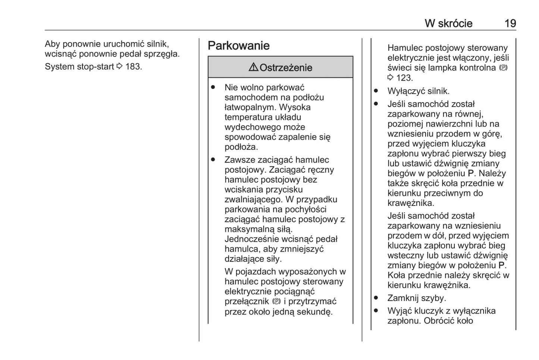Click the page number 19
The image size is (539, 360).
(x=510, y=24)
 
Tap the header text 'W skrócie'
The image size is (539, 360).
(x=448, y=24)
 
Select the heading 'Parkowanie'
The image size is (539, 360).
(x=239, y=46)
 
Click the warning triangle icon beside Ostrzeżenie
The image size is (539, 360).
(x=253, y=67)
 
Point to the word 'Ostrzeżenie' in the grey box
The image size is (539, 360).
(x=286, y=68)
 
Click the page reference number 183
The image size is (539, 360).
(x=133, y=67)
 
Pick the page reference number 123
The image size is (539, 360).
(x=404, y=78)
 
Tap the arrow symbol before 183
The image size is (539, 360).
(x=119, y=67)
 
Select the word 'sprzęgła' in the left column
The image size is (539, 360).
(x=164, y=54)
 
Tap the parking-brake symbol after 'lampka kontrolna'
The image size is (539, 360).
(x=504, y=68)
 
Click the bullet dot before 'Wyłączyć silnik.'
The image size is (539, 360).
(x=376, y=91)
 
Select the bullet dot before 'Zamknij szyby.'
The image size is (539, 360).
(x=376, y=298)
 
